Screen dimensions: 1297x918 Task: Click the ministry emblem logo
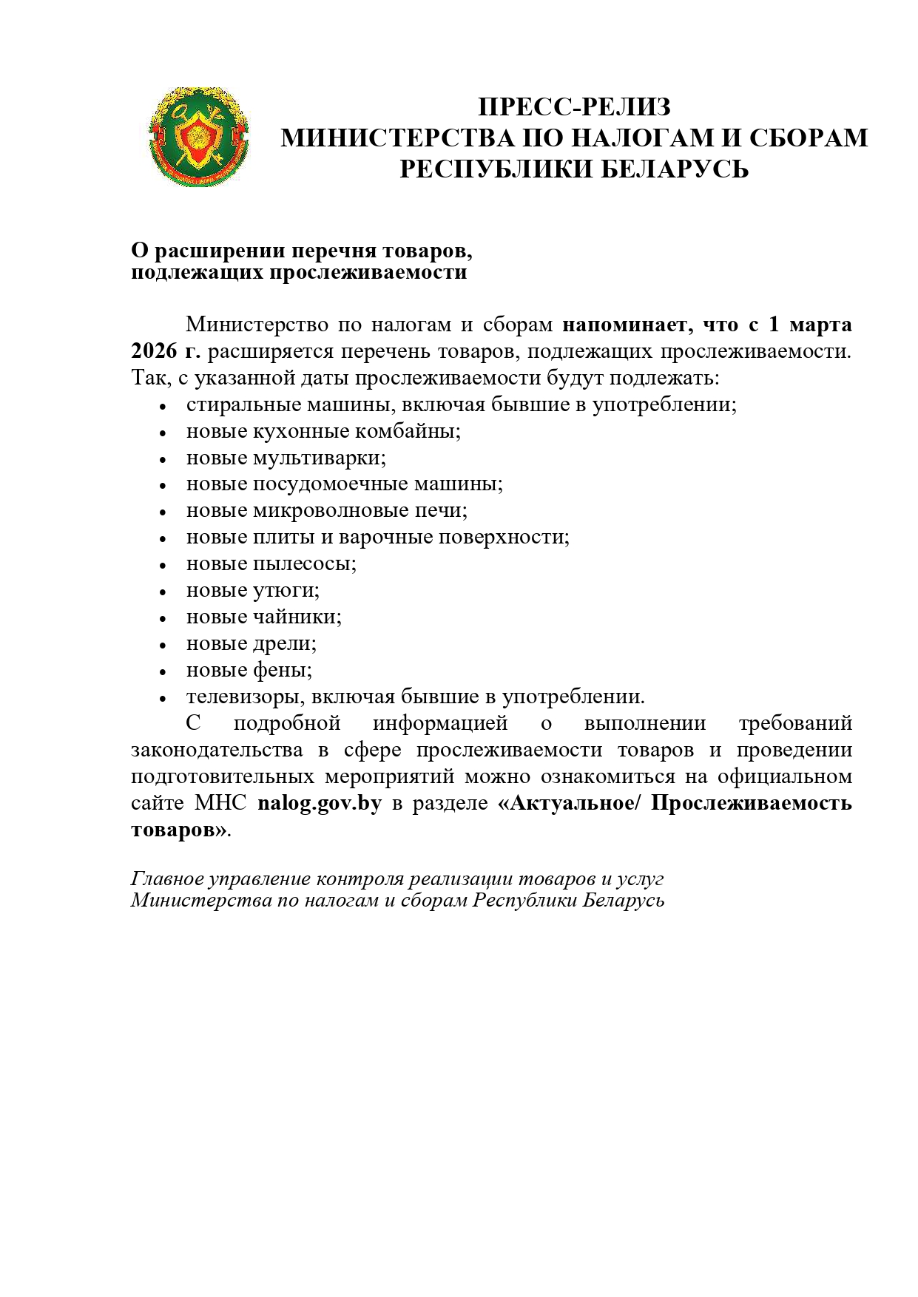pos(198,138)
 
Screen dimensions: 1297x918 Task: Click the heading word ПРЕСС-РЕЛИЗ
pos(574,107)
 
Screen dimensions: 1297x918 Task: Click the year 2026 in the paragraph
pos(154,351)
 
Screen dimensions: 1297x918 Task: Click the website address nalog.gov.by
pos(320,803)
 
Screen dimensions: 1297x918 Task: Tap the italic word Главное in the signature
pos(167,878)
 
